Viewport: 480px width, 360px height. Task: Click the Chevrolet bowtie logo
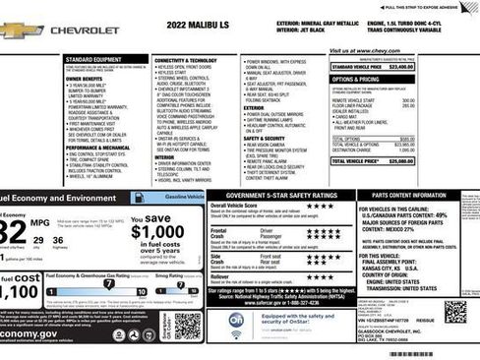tap(19, 30)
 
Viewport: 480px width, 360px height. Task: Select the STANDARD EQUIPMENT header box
tap(95, 59)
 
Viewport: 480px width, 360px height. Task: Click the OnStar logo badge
tap(236, 320)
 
